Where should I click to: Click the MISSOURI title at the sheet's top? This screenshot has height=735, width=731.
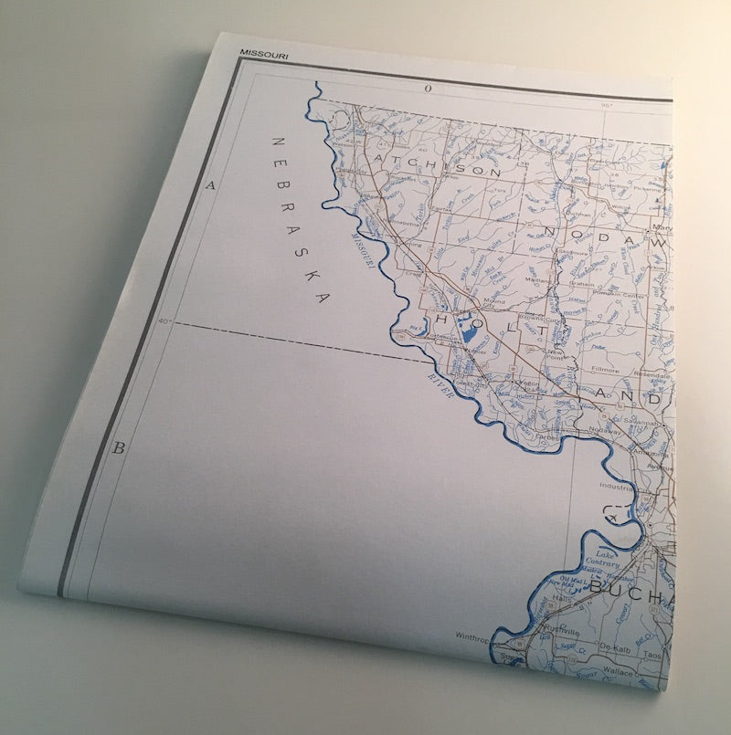tap(264, 54)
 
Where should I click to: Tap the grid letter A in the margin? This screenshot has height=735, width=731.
tap(209, 185)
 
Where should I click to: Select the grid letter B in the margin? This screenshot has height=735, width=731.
tap(118, 448)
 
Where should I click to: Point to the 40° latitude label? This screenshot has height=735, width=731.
tap(164, 321)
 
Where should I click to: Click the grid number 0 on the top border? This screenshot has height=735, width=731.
tap(427, 89)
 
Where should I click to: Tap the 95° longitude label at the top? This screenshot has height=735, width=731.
tap(605, 105)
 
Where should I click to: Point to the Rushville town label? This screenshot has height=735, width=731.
tap(561, 631)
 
